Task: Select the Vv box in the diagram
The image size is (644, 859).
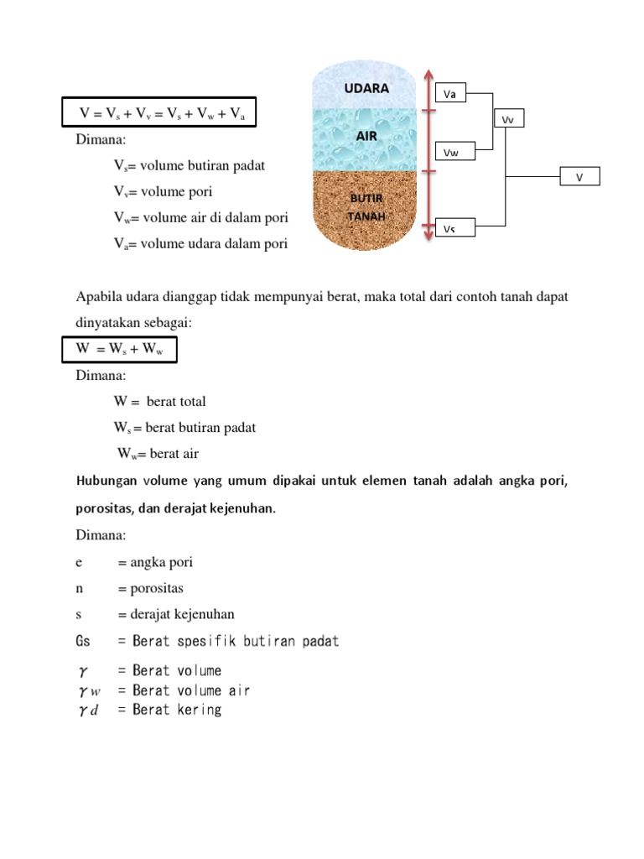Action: pyautogui.click(x=507, y=120)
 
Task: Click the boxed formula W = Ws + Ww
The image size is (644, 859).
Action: pyautogui.click(x=120, y=349)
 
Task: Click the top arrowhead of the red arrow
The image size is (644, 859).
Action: pyautogui.click(x=428, y=74)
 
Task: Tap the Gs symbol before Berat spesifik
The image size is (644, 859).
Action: pyautogui.click(x=83, y=642)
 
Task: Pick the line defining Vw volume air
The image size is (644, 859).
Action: pyautogui.click(x=200, y=217)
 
